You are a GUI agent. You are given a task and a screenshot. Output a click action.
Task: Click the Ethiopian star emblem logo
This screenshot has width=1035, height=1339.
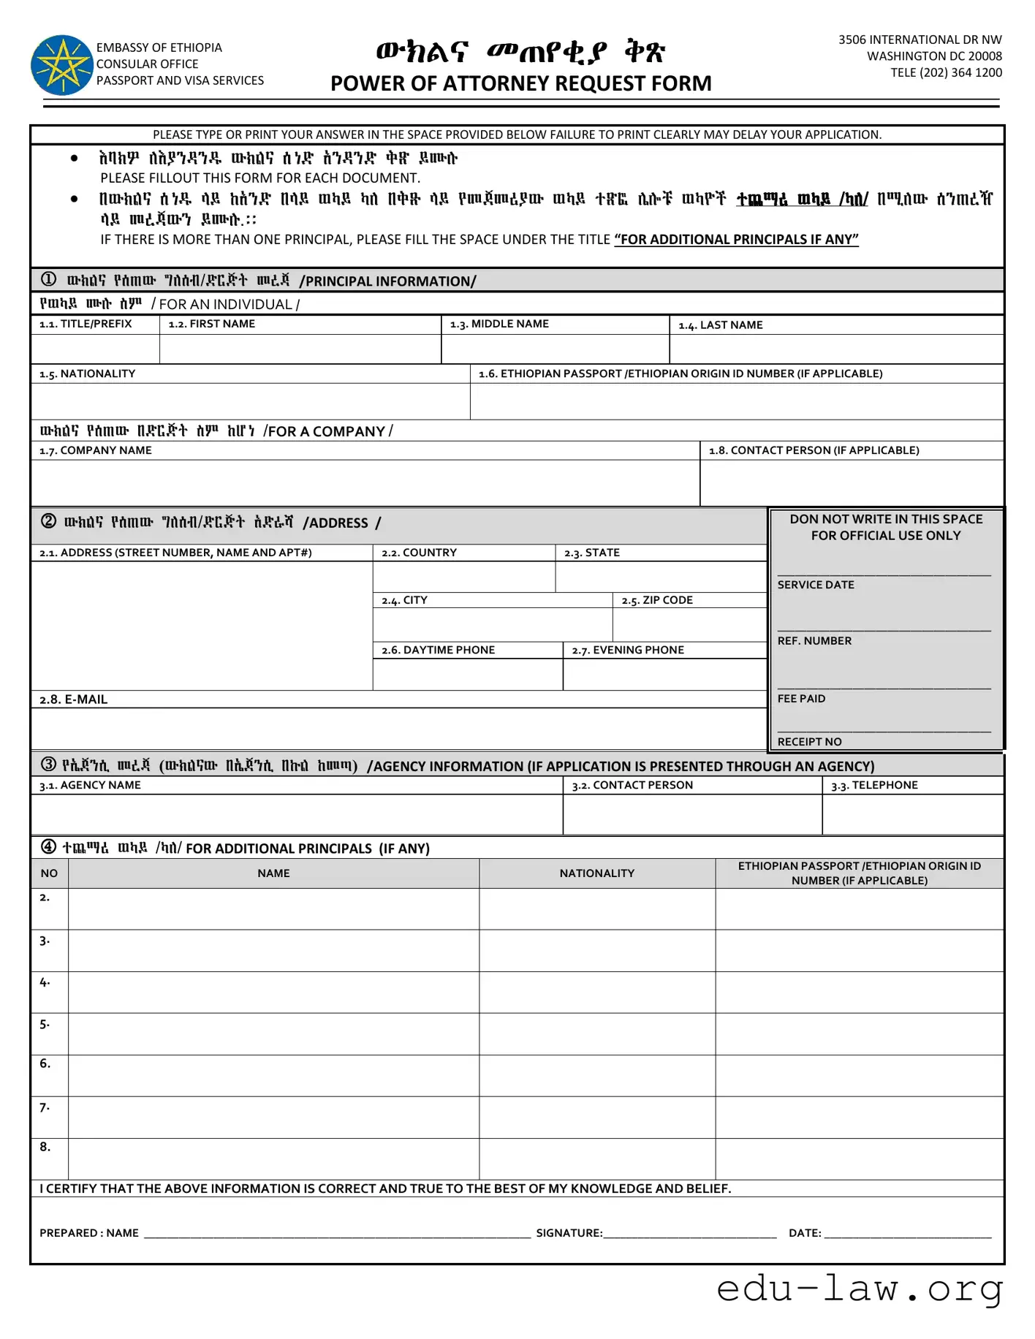pos(62,65)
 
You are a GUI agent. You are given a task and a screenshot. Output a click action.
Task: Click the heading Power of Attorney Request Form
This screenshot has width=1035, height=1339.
pos(520,83)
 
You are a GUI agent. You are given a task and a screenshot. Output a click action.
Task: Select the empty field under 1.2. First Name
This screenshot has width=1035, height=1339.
pos(300,349)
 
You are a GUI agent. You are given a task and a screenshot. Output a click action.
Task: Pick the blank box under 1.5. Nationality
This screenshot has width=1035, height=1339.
pos(250,401)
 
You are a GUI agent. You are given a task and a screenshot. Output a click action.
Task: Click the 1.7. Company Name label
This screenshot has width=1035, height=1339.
pos(96,450)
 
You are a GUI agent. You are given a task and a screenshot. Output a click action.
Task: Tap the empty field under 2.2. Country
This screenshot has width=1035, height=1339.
pos(463,577)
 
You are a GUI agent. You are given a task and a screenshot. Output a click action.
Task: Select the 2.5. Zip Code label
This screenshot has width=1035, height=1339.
pos(657,600)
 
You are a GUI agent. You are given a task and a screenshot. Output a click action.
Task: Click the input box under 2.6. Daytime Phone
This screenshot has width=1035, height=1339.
pos(467,674)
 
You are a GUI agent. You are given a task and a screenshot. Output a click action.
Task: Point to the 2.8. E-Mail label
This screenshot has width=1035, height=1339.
pos(74,699)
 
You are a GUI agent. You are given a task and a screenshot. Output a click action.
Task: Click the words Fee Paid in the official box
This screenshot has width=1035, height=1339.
pos(801,699)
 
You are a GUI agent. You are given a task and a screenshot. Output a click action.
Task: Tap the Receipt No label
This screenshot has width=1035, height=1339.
pos(809,742)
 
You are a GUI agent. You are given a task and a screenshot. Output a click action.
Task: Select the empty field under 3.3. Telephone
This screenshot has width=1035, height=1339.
pos(912,813)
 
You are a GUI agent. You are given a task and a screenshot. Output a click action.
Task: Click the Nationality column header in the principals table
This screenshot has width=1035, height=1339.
pos(596,873)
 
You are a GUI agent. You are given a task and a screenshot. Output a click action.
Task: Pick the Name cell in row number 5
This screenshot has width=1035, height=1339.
pos(273,1033)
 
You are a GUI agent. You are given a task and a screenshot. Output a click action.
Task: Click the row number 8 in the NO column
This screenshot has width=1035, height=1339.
pos(45,1147)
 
